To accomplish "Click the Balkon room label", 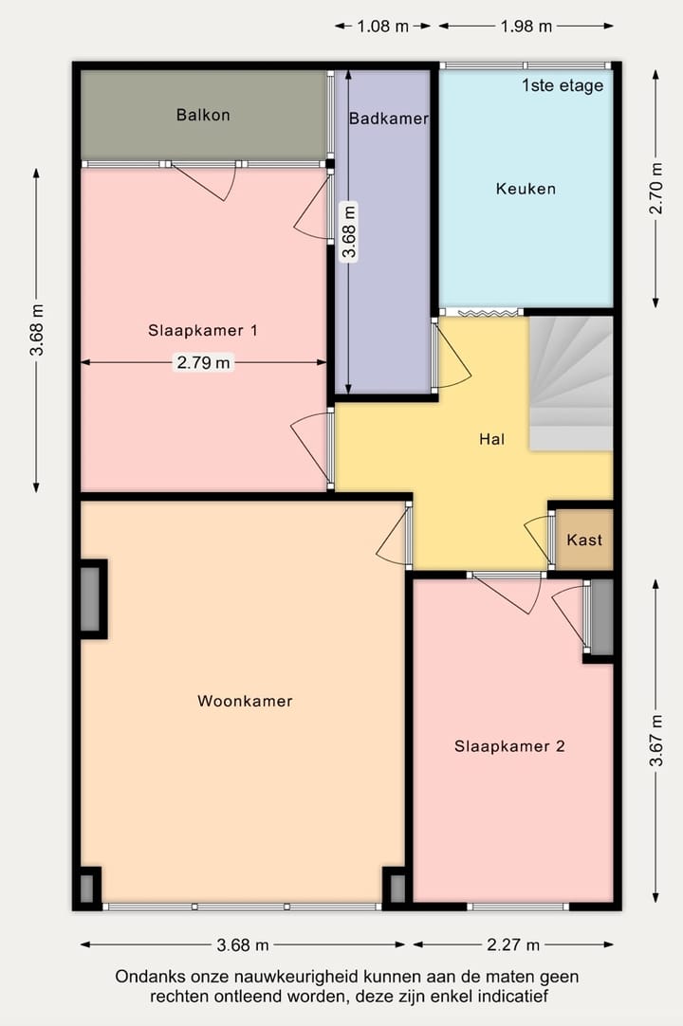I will click(x=203, y=115).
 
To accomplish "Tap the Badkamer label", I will click(x=388, y=119).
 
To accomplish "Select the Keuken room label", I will click(x=526, y=189).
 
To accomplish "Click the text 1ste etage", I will click(x=562, y=85).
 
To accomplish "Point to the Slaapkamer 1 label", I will click(x=203, y=331).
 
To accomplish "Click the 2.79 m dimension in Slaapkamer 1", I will click(x=203, y=362).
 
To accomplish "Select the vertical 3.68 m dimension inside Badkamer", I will click(x=349, y=232).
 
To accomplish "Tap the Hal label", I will click(x=491, y=439).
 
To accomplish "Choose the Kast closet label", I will click(x=583, y=540).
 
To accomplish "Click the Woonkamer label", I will click(x=245, y=702).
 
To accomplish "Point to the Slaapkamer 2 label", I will click(x=509, y=746).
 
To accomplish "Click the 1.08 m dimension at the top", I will click(x=383, y=27).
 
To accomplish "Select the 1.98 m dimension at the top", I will click(x=526, y=27).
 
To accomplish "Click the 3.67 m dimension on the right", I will click(x=655, y=741).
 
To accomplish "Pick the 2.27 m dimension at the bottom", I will click(x=513, y=944).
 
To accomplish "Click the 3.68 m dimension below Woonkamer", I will click(x=243, y=944).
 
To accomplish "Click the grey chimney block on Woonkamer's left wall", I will click(x=90, y=598).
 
